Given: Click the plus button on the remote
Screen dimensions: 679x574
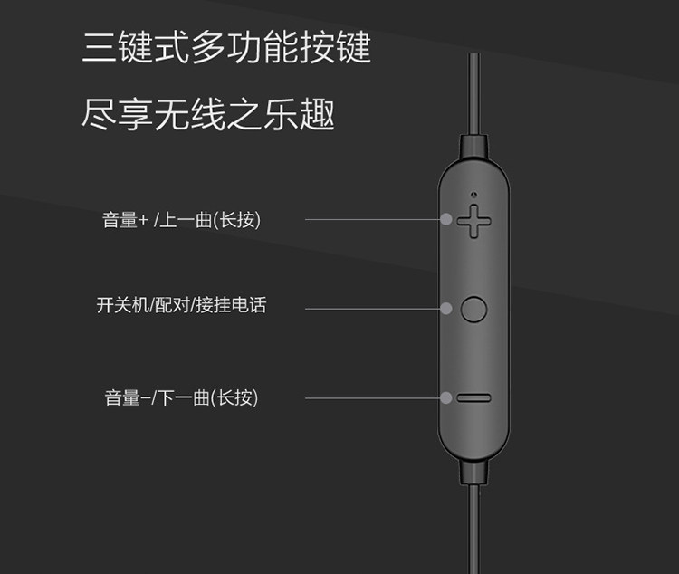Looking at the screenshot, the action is (x=473, y=220).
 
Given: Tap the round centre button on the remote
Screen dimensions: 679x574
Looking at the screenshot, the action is (x=473, y=309).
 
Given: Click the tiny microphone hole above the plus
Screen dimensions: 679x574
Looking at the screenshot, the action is (x=473, y=193).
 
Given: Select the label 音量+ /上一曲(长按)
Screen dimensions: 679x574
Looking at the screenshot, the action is (x=181, y=220).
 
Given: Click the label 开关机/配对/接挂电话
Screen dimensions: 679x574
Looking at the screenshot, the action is (x=181, y=305).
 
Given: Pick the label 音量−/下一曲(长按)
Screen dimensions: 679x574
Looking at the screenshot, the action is (x=181, y=397).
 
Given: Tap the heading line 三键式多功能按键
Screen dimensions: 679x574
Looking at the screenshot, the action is (x=226, y=47).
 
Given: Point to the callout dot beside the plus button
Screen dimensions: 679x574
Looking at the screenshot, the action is (x=446, y=219).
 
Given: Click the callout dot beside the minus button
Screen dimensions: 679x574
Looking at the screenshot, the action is (x=446, y=397).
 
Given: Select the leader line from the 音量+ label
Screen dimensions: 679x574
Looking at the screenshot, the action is (x=371, y=219).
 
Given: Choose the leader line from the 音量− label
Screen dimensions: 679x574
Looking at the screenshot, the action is (x=371, y=397).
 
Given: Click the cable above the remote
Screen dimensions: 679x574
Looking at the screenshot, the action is (x=473, y=91).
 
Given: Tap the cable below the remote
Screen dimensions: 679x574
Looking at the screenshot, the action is (x=473, y=534).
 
